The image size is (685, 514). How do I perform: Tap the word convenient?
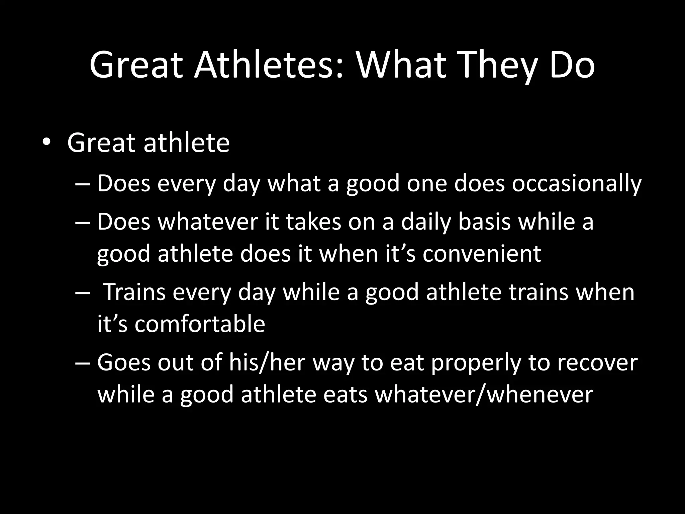(482, 254)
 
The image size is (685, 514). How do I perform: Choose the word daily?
(426, 222)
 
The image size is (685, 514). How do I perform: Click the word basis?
(484, 222)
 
